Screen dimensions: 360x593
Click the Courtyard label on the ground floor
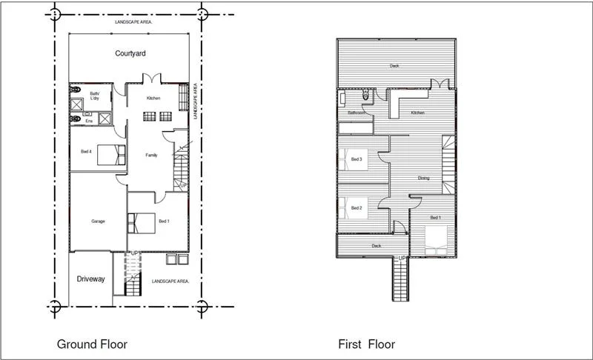point(130,53)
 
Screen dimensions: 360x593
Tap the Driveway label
point(90,279)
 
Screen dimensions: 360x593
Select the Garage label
point(98,221)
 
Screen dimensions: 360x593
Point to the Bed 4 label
point(86,152)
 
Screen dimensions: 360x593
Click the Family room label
point(150,155)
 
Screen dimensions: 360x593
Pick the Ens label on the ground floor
point(88,120)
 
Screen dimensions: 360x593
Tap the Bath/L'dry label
point(95,96)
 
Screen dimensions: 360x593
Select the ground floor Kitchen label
point(153,99)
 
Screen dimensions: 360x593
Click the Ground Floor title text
point(92,344)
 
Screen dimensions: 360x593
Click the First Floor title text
point(366,344)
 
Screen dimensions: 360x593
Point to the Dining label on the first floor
point(423,178)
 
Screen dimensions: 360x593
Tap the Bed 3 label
point(357,159)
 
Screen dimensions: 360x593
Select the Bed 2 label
point(357,208)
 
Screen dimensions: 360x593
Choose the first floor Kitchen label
point(417,113)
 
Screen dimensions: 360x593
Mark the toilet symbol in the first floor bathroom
point(366,96)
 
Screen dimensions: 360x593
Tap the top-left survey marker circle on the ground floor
point(54,13)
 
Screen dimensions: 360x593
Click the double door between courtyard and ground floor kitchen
point(152,79)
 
